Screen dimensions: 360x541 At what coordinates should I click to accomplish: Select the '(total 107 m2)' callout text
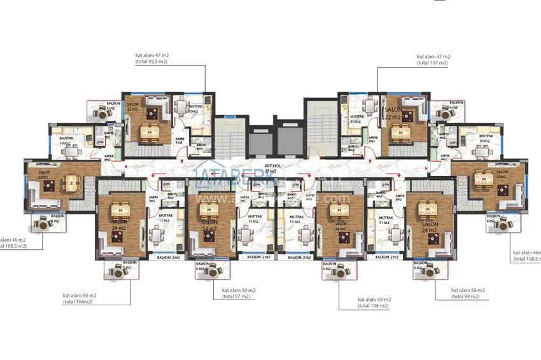[432, 63]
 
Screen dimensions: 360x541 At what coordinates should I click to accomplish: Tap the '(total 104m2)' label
[78, 301]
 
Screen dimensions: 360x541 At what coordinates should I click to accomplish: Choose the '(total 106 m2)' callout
[373, 305]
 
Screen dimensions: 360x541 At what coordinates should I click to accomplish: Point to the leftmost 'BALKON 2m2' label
[169, 257]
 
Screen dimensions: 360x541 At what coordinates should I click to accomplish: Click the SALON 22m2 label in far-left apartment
[44, 174]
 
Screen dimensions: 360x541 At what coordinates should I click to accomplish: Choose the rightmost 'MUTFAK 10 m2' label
[486, 138]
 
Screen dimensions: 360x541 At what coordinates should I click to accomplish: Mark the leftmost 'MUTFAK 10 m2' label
[66, 141]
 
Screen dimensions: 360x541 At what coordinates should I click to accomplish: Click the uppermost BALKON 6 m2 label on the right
[456, 105]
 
